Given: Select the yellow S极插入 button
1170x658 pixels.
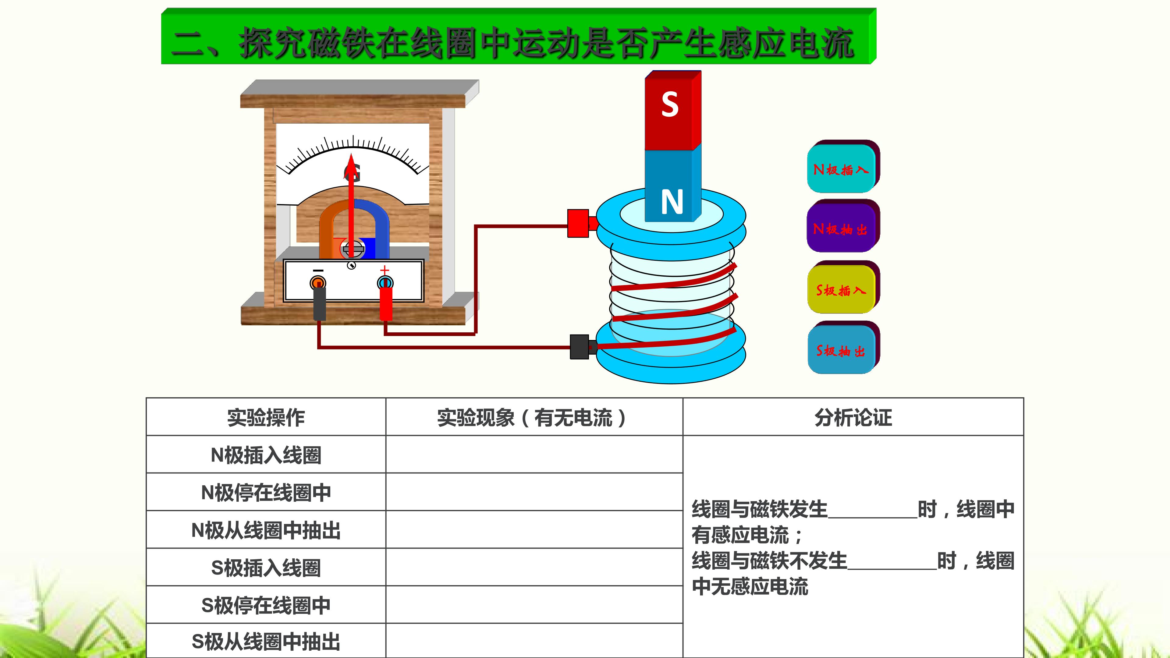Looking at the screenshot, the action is pyautogui.click(x=842, y=289).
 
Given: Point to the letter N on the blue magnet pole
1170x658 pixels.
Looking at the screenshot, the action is pyautogui.click(x=672, y=202).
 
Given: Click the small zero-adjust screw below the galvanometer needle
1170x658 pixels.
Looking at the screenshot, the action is pyautogui.click(x=351, y=265).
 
